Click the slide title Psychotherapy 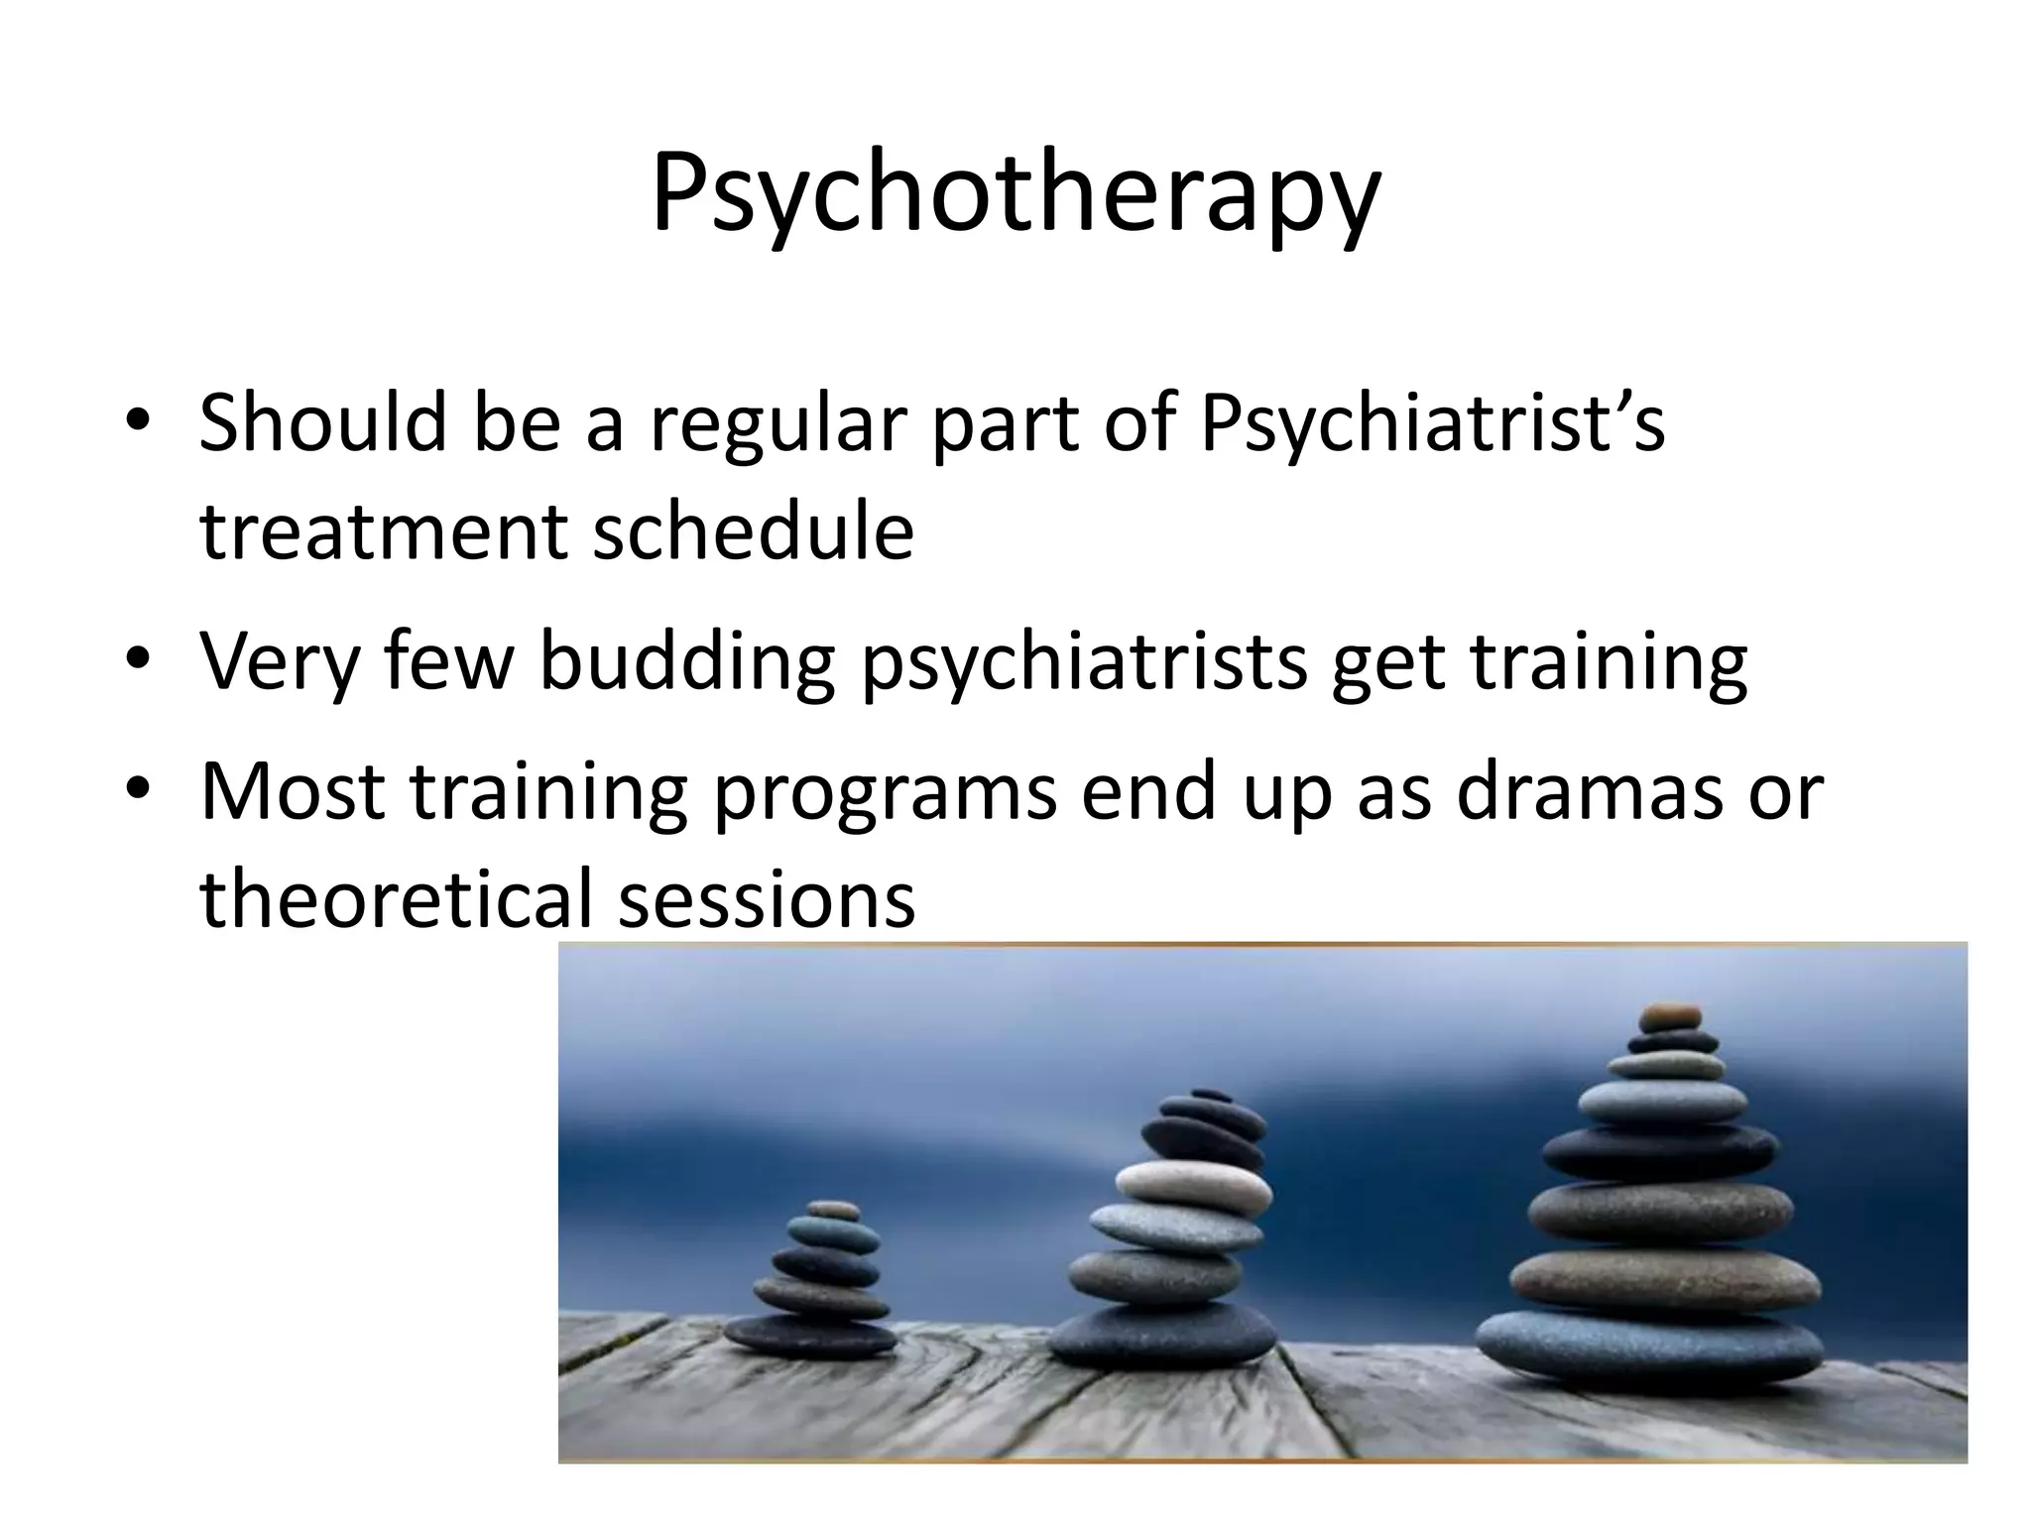click(x=1015, y=193)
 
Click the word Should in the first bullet click(x=322, y=423)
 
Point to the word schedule click(x=753, y=530)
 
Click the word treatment click(x=383, y=532)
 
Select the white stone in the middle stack click(x=1192, y=1184)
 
